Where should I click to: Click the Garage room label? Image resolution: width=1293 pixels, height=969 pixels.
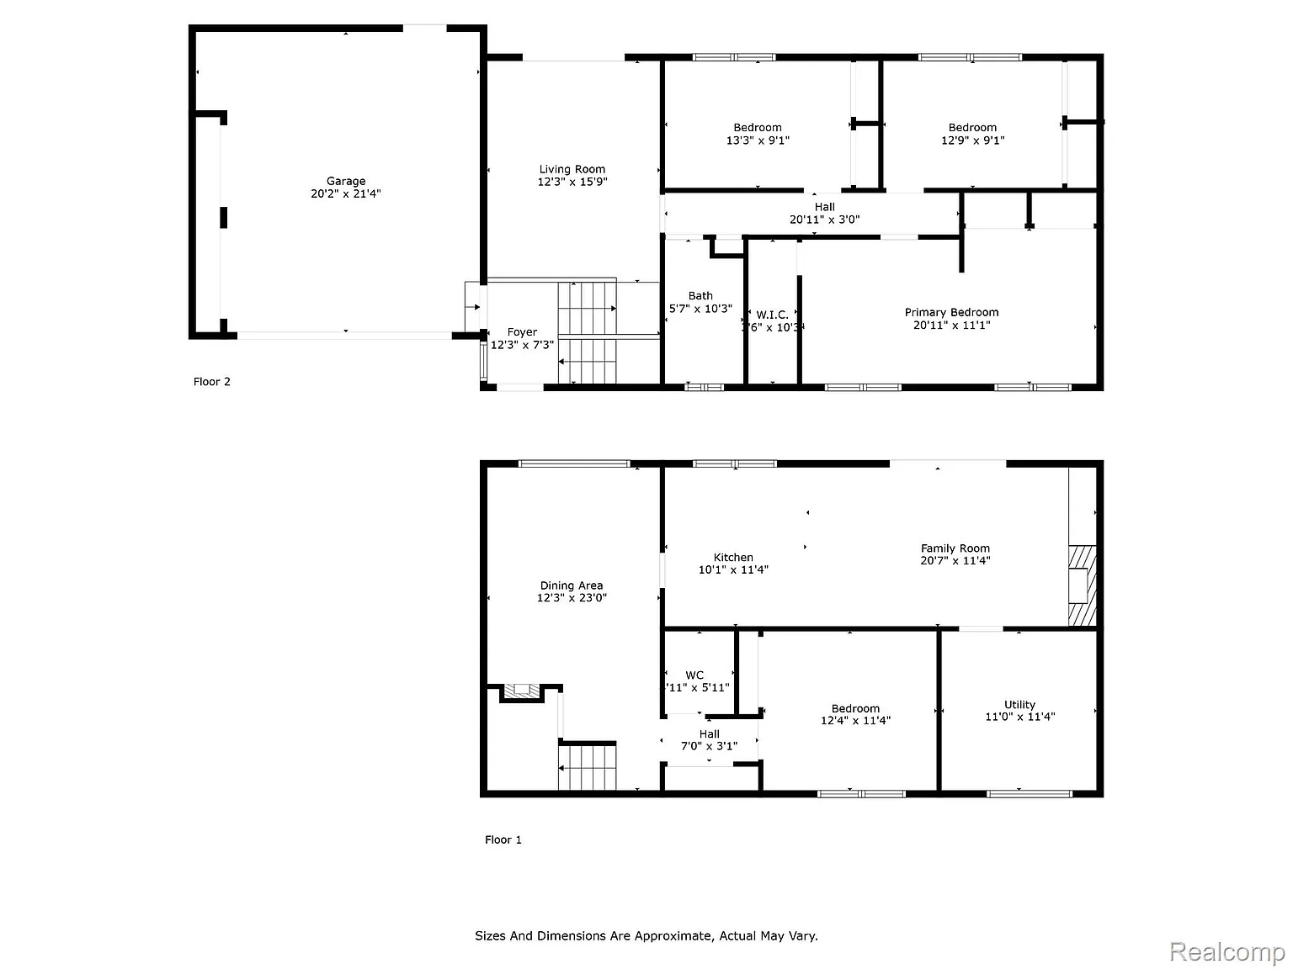point(346,181)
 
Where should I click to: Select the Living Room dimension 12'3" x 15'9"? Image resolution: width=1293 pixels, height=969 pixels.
point(572,182)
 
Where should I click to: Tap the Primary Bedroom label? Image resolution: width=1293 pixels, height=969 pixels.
point(951,312)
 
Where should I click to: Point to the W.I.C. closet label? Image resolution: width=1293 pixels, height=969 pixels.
point(772,315)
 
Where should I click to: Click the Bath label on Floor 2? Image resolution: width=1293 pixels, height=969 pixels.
point(700,296)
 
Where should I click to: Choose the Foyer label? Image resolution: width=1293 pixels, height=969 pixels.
point(522,332)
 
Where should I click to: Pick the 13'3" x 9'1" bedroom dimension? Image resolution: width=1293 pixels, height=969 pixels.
point(758,140)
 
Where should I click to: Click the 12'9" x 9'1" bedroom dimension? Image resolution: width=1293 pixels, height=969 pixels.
point(972,140)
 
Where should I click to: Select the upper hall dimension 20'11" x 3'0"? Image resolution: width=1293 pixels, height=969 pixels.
point(824,220)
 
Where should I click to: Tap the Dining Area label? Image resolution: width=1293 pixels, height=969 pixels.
point(572,585)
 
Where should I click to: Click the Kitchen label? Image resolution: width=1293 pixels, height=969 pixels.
point(733,557)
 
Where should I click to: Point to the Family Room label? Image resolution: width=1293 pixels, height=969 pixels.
point(955,548)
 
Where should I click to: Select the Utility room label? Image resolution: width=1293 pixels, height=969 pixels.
point(1019,705)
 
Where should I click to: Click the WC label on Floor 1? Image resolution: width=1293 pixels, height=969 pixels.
point(694,675)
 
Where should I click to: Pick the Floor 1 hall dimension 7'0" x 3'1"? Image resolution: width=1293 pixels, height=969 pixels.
point(709,746)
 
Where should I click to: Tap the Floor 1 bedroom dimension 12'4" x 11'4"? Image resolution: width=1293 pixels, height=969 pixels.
point(855,720)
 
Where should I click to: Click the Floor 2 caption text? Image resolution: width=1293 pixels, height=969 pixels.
point(212,382)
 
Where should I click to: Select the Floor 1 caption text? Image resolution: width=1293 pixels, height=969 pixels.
point(503,839)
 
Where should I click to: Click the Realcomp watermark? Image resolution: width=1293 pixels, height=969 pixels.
point(1226,952)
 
